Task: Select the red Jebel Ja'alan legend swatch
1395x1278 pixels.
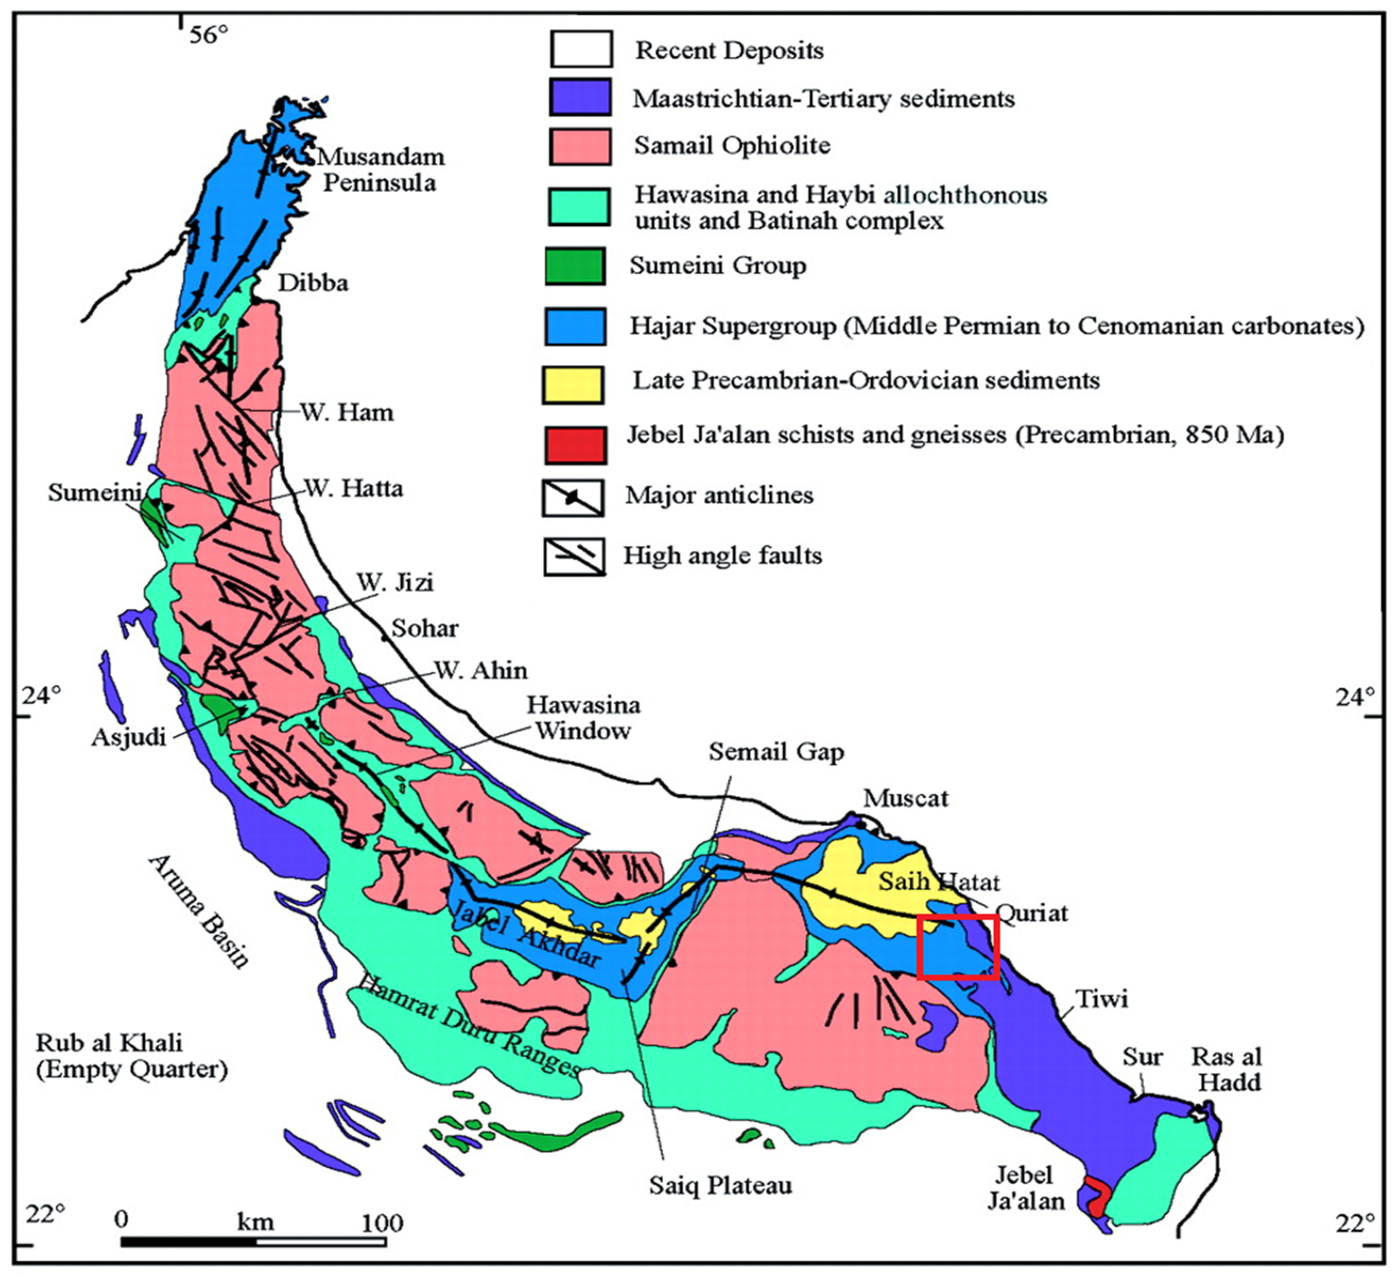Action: click(575, 445)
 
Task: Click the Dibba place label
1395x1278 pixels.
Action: click(313, 283)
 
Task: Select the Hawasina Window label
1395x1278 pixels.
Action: click(583, 718)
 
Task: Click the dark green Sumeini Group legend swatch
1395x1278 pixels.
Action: click(574, 266)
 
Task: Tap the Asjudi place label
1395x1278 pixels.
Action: click(129, 737)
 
